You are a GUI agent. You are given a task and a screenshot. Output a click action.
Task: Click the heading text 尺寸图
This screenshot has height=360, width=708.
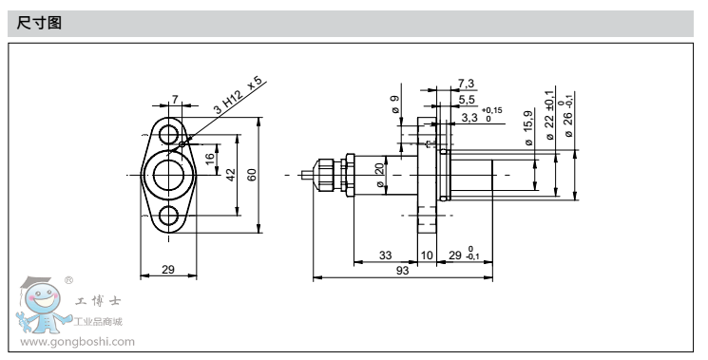coord(39,23)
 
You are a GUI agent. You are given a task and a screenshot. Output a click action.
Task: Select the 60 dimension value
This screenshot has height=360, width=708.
coord(252,175)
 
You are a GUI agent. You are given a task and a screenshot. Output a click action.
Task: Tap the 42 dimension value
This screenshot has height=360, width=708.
coord(231,175)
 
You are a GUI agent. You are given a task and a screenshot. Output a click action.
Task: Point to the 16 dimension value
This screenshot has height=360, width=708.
coord(209,159)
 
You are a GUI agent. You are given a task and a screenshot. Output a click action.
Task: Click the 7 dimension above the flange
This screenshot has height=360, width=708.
coord(175,99)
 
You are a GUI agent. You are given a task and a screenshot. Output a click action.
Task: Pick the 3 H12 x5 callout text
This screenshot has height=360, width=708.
coord(237,95)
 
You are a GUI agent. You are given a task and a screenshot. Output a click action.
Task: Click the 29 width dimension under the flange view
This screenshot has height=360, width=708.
coord(168,270)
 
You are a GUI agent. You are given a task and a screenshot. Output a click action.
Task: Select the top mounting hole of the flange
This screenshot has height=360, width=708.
coord(169,135)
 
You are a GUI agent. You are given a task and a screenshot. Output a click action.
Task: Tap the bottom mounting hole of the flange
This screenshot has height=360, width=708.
coord(169,216)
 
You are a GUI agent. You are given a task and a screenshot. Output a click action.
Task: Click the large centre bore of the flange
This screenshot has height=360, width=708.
coord(169,175)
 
